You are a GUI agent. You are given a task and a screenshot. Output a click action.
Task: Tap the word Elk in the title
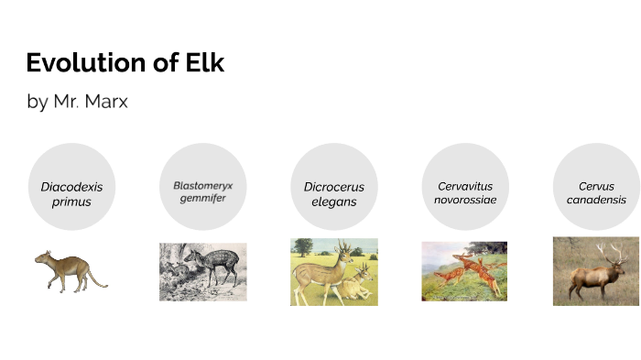coord(201,63)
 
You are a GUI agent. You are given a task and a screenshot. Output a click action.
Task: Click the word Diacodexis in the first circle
coord(71,187)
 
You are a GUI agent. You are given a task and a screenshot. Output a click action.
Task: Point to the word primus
coord(71,202)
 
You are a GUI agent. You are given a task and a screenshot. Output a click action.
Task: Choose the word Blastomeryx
coord(202,185)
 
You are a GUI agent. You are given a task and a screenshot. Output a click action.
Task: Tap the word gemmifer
coord(202,198)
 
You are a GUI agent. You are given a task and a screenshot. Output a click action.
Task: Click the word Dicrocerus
coord(334,187)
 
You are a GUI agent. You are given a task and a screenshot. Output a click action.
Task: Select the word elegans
coord(334,202)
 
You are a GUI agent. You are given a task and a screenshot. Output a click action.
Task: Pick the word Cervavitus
coord(465,186)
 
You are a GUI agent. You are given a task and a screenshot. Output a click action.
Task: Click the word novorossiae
coord(465,200)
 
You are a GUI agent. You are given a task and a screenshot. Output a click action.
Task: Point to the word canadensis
coord(596,200)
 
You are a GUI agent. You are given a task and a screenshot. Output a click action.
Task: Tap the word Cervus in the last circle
coord(596,186)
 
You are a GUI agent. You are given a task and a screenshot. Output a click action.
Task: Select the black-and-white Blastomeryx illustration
coord(202,271)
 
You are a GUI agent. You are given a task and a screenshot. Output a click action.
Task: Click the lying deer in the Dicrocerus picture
coord(357,284)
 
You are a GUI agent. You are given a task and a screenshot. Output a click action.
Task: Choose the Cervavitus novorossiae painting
coord(464,271)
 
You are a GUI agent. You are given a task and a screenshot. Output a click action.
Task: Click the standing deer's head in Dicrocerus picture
coord(342,248)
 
